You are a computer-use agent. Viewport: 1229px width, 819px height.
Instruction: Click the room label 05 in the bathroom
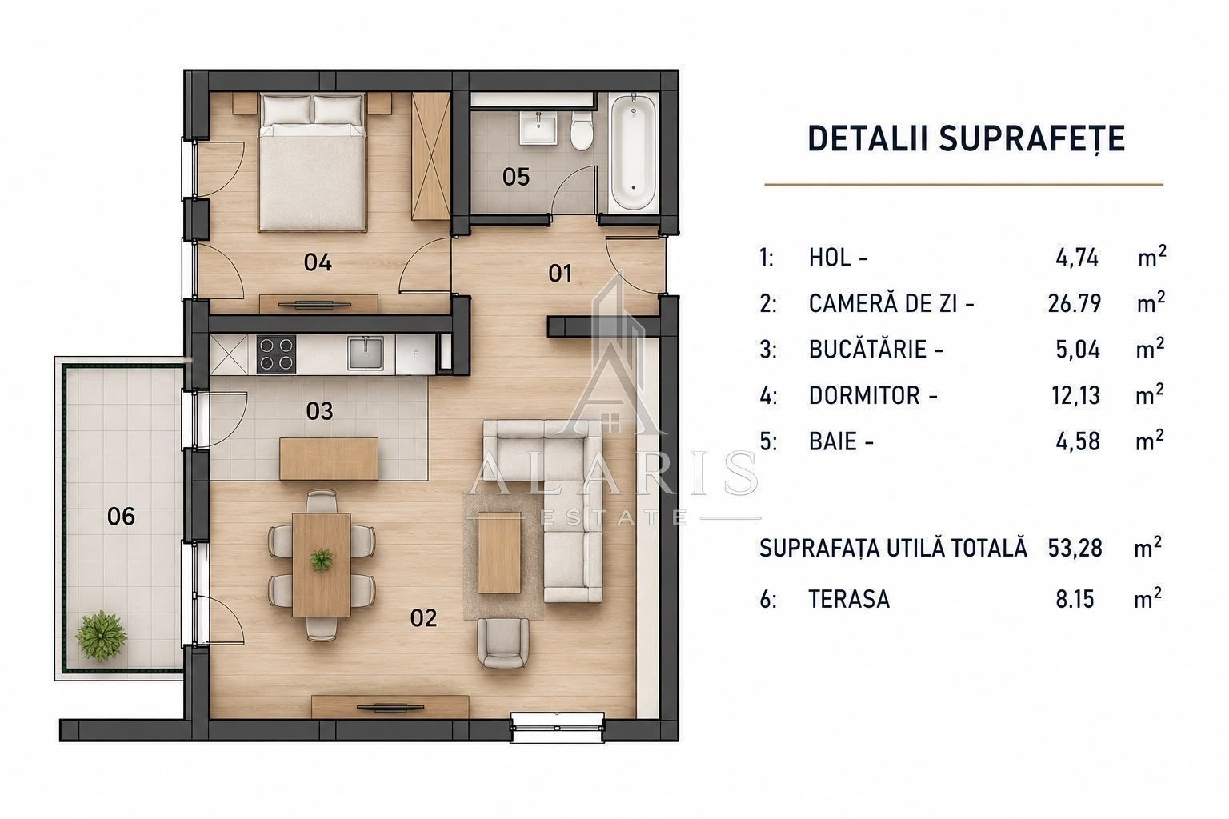pyautogui.click(x=516, y=178)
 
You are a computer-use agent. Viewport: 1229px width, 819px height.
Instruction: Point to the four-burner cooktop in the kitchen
pyautogui.click(x=276, y=354)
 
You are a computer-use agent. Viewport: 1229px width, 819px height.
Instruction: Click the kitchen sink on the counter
pyautogui.click(x=365, y=354)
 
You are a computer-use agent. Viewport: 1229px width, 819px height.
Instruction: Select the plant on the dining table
pyautogui.click(x=321, y=560)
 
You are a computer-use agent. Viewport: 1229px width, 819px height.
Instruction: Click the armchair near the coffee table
pyautogui.click(x=502, y=643)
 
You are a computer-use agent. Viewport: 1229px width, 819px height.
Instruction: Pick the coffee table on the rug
pyautogui.click(x=499, y=553)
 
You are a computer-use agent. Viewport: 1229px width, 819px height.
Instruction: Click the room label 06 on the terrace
pyautogui.click(x=122, y=516)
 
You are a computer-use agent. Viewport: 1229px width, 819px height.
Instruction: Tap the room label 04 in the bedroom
pyautogui.click(x=318, y=262)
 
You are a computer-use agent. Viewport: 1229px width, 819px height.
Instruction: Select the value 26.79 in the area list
pyautogui.click(x=1075, y=303)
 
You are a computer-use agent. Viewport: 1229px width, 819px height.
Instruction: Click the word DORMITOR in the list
pyautogui.click(x=864, y=395)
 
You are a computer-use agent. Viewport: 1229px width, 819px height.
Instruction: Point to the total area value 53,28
pyautogui.click(x=1075, y=548)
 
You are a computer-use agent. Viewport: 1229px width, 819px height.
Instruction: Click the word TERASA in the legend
pyautogui.click(x=849, y=599)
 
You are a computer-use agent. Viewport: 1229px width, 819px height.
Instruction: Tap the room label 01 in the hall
pyautogui.click(x=559, y=274)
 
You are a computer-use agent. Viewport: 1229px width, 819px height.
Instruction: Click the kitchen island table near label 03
pyautogui.click(x=329, y=458)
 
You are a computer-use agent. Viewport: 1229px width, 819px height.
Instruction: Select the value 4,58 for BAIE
pyautogui.click(x=1078, y=441)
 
